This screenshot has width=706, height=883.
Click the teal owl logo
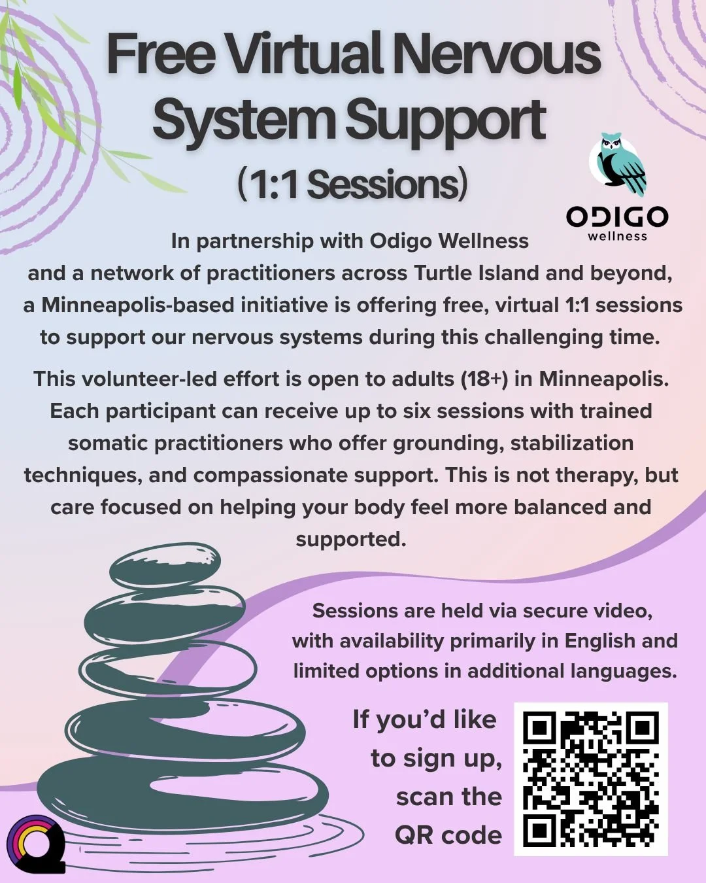pyautogui.click(x=618, y=165)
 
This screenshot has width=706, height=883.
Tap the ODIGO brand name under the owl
pyautogui.click(x=617, y=217)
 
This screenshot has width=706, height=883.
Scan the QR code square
pyautogui.click(x=591, y=779)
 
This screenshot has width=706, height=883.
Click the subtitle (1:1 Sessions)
pyautogui.click(x=352, y=184)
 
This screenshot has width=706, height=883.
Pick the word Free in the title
pyautogui.click(x=161, y=55)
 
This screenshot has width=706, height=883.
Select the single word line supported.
pyautogui.click(x=351, y=539)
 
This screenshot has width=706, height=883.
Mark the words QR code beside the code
pyautogui.click(x=448, y=835)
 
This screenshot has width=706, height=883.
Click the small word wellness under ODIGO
pyautogui.click(x=617, y=236)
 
